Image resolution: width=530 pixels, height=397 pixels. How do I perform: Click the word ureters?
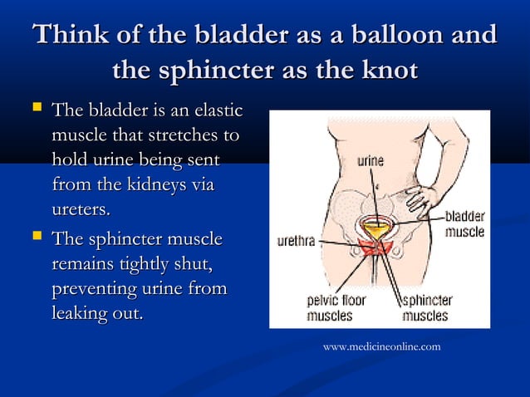pyautogui.click(x=80, y=205)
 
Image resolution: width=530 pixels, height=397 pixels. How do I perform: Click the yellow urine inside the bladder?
pyautogui.click(x=376, y=228)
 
